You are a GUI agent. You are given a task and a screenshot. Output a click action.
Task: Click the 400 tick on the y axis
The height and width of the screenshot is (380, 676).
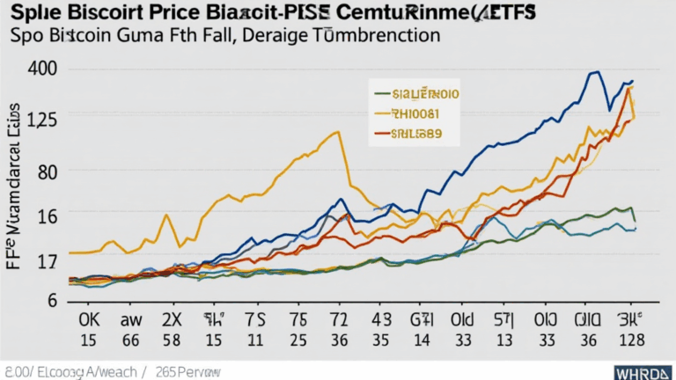[43, 69]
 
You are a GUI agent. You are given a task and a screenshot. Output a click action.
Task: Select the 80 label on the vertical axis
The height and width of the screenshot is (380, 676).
[45, 171]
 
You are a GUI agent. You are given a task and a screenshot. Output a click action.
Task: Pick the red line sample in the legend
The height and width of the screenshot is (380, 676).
[380, 135]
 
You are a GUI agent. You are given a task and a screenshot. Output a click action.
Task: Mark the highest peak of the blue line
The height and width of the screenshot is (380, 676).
[597, 72]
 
